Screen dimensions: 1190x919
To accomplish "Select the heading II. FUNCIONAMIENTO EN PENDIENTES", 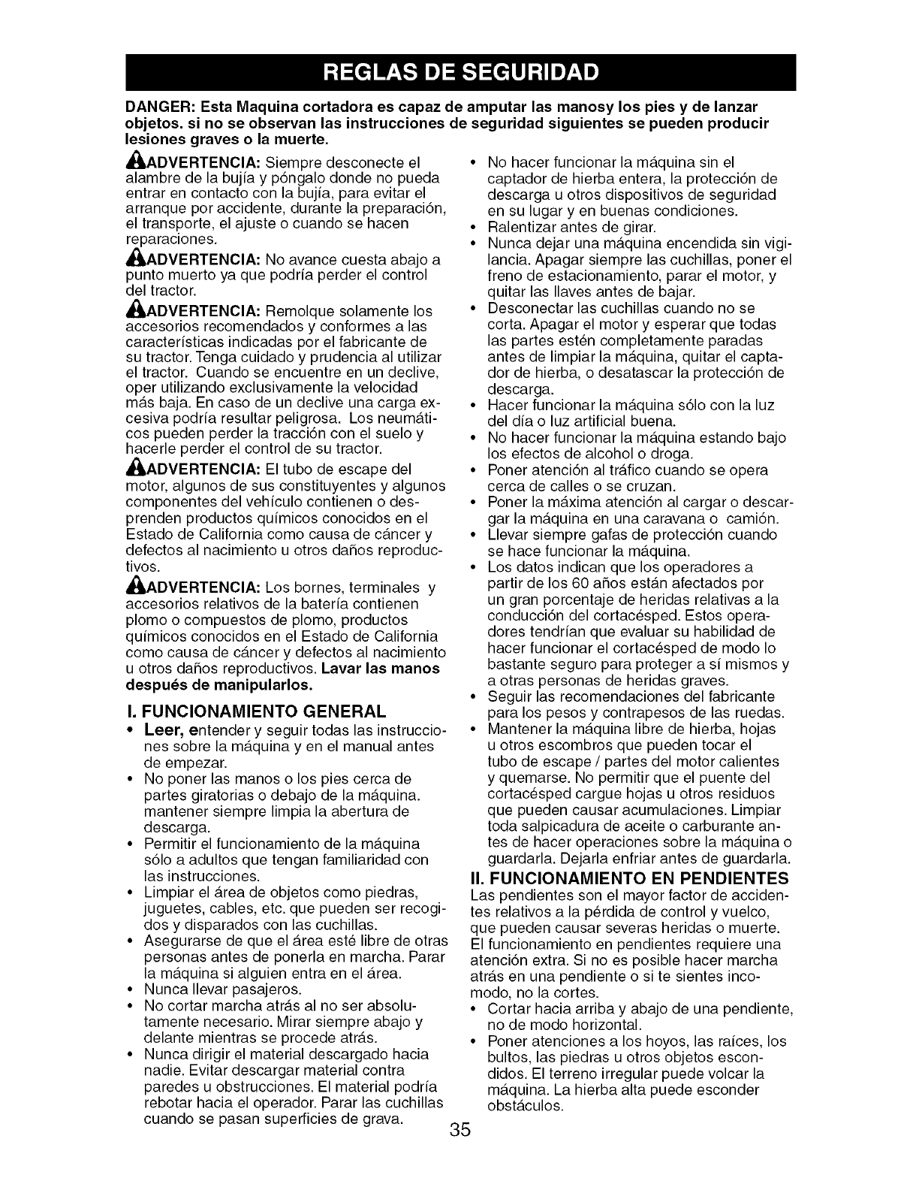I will click(629, 878).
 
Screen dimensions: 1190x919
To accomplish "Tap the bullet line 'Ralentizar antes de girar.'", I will click(572, 227).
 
